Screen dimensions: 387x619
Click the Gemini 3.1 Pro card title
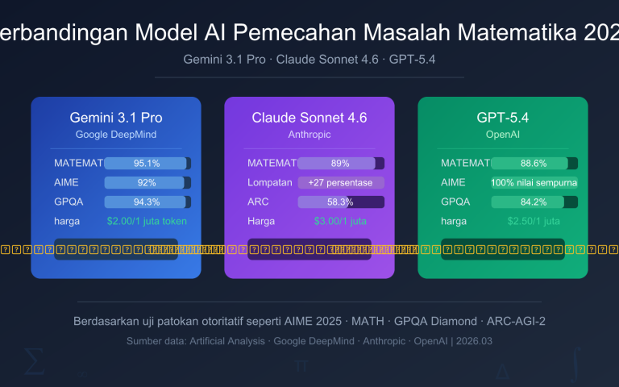click(x=116, y=118)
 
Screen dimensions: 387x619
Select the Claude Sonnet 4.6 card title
click(x=309, y=118)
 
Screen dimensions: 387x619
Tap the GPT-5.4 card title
click(x=502, y=118)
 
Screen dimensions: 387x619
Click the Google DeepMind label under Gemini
click(x=116, y=134)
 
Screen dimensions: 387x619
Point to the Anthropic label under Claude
click(x=309, y=134)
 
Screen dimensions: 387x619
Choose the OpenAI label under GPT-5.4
click(x=502, y=134)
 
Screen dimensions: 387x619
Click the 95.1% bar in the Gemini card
click(x=147, y=163)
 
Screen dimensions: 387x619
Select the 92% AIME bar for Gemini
click(x=147, y=182)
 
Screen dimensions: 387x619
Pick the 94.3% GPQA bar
click(x=147, y=202)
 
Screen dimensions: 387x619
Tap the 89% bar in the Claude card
click(x=341, y=163)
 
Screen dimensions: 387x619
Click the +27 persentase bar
click(x=341, y=182)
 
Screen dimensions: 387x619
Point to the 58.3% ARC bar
click(x=341, y=202)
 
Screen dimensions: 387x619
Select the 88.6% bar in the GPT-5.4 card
click(x=534, y=163)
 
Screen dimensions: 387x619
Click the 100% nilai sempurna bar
click(x=534, y=182)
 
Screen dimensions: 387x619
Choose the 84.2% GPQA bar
click(x=534, y=202)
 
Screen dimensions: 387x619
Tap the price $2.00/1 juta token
click(x=147, y=221)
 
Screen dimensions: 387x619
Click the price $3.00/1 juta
click(x=340, y=221)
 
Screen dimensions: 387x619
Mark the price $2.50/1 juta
click(x=534, y=221)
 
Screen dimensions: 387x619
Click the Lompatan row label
click(x=269, y=182)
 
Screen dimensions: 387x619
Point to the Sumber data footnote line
click(x=309, y=341)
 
